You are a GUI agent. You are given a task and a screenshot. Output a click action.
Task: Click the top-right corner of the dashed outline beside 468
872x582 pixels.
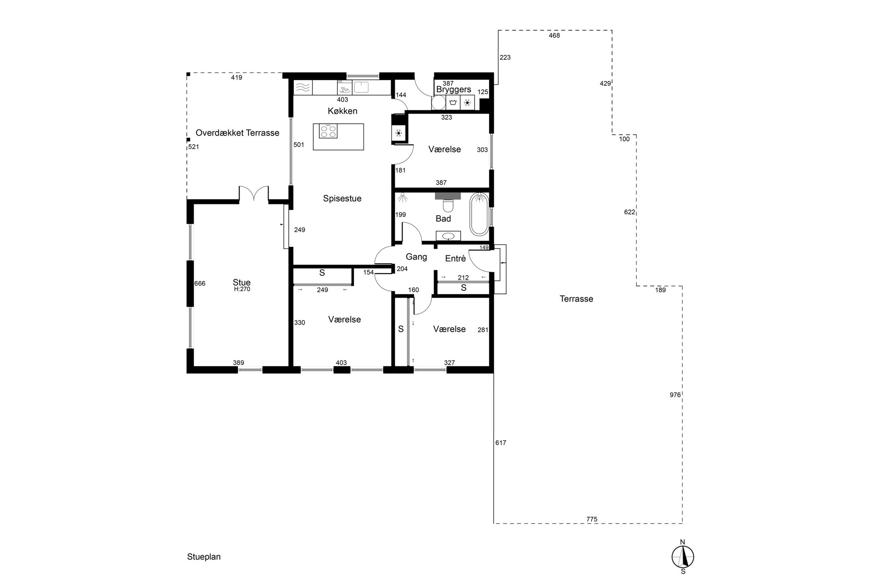click(612, 30)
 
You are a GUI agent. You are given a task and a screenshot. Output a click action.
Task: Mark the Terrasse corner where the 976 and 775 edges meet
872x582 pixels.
click(682, 523)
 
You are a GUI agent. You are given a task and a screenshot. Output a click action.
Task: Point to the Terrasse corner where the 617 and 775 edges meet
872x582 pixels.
click(494, 523)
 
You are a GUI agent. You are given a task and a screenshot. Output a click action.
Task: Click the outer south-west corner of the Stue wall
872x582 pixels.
click(187, 373)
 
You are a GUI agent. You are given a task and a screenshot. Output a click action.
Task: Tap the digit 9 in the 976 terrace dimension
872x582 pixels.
click(672, 395)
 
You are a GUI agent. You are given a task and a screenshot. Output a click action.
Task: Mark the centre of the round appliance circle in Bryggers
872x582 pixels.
click(438, 103)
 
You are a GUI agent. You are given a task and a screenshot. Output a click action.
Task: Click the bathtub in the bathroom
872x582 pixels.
click(479, 214)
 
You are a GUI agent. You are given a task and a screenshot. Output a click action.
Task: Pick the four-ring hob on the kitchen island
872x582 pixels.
click(328, 132)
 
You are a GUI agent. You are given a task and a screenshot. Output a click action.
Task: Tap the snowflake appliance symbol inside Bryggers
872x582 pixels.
click(468, 103)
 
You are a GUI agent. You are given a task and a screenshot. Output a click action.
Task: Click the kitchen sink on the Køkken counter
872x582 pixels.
click(362, 87)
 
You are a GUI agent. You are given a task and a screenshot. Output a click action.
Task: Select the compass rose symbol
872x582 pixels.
click(683, 557)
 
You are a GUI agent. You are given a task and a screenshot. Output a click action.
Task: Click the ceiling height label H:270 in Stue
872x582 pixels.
click(242, 289)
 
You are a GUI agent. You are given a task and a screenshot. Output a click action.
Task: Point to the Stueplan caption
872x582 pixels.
click(204, 557)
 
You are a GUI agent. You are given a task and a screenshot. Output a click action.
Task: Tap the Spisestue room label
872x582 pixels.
click(342, 198)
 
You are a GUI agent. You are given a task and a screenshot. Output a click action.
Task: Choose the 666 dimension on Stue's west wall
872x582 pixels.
click(200, 284)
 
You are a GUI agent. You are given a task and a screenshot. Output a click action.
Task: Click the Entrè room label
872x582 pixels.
click(455, 259)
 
